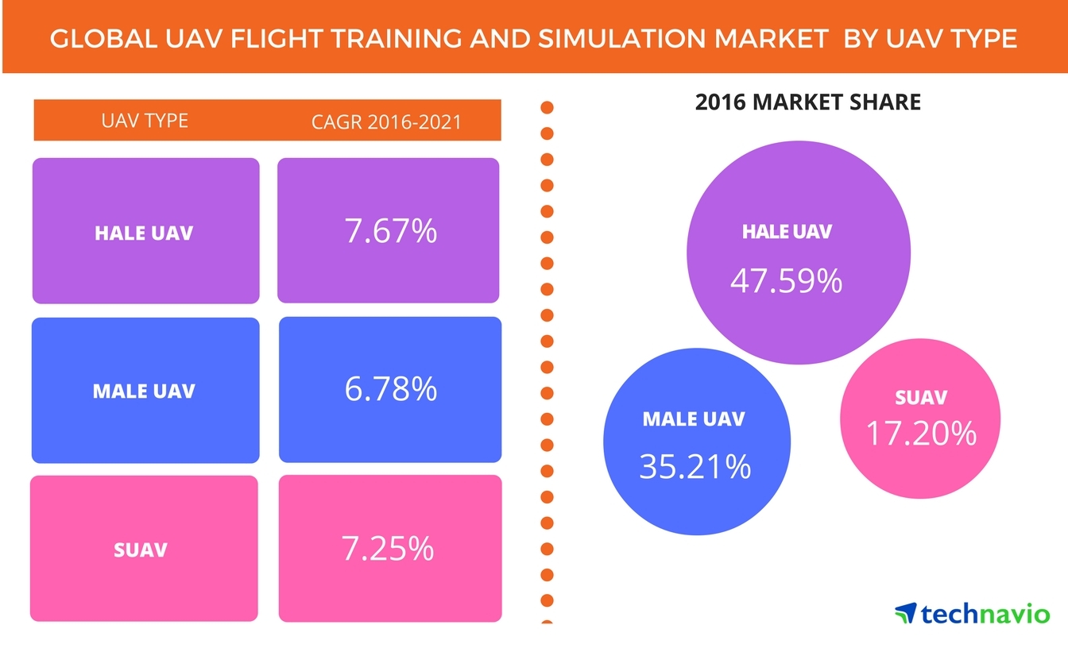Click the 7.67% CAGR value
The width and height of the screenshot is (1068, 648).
coord(390,231)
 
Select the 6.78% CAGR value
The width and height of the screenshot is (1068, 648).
coord(390,388)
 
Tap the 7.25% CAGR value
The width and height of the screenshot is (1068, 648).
coord(389,548)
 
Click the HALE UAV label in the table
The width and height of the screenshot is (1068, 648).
coord(144,233)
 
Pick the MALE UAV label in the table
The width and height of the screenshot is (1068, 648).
coord(144,391)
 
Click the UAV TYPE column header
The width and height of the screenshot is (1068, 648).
coord(145,121)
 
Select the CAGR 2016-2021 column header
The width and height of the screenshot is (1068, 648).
coord(386,121)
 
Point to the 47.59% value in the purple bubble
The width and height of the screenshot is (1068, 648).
coord(786,280)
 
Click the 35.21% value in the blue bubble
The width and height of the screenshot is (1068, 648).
coord(695,467)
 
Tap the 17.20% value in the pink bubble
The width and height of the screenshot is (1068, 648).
coord(920,434)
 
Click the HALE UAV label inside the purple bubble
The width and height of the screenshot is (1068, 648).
coord(787,232)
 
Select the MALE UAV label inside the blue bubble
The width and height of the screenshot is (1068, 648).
coord(694,418)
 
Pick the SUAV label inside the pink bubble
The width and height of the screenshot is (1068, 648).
coord(920,398)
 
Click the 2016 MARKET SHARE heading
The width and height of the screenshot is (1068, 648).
coord(807,102)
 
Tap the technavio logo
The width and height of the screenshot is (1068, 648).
coord(972,613)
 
